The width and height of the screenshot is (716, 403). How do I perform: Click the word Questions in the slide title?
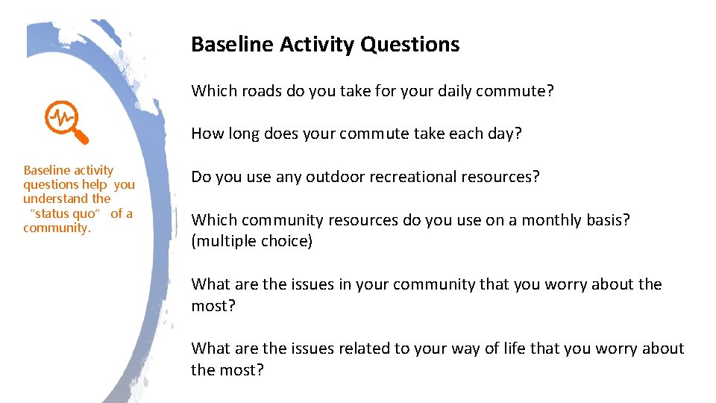coord(409,45)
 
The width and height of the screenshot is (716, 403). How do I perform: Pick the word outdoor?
coord(333,177)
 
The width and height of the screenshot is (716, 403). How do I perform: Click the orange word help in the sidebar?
coord(96,184)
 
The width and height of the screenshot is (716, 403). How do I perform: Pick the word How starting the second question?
coord(206,134)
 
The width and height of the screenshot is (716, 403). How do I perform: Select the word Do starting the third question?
coord(201,177)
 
